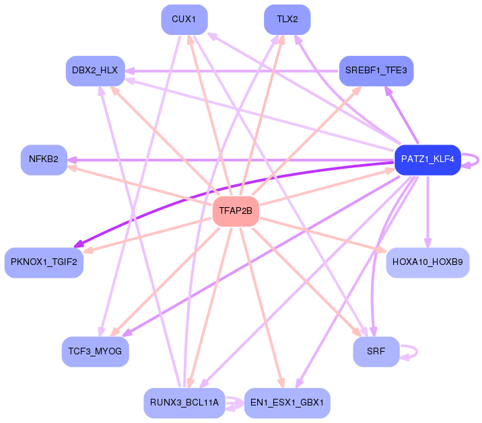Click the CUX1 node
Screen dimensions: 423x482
point(184,20)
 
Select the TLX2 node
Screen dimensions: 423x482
point(287,20)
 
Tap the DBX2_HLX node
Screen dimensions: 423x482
point(95,71)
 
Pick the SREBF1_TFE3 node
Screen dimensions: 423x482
point(376,71)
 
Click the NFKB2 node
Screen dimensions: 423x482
point(44,160)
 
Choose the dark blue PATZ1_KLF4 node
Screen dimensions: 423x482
point(427,160)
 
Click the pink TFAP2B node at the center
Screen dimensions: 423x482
point(236,212)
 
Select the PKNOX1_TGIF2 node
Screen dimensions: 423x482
point(44,262)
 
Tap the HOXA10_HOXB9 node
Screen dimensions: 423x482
point(427,262)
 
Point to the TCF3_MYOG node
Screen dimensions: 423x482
point(95,352)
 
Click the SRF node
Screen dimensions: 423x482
point(376,352)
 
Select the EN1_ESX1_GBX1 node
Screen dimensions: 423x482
point(287,403)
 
